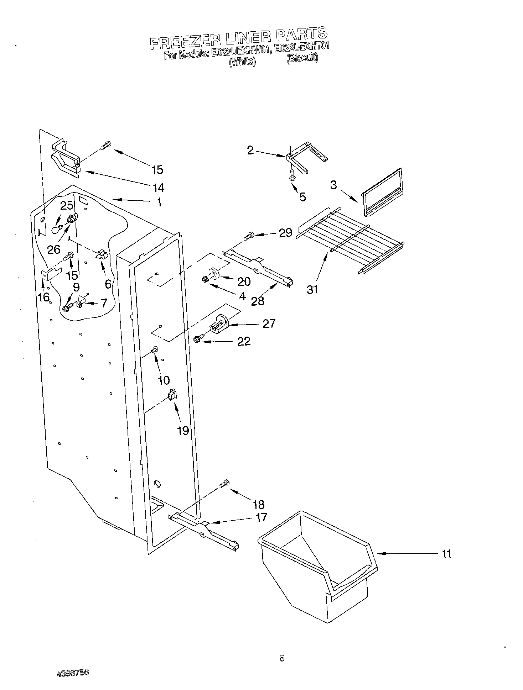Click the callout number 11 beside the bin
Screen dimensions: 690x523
pyautogui.click(x=446, y=554)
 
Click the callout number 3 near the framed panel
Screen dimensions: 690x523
pyautogui.click(x=333, y=185)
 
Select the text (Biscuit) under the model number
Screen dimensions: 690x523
pyautogui.click(x=302, y=58)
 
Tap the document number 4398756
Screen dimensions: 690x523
pyautogui.click(x=73, y=673)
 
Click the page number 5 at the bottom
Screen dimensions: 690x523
pyautogui.click(x=281, y=658)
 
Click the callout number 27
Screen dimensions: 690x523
pyautogui.click(x=269, y=323)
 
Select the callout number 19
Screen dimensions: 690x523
pyautogui.click(x=183, y=431)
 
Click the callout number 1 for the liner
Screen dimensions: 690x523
pyautogui.click(x=159, y=202)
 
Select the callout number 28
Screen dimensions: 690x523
pyautogui.click(x=258, y=301)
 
